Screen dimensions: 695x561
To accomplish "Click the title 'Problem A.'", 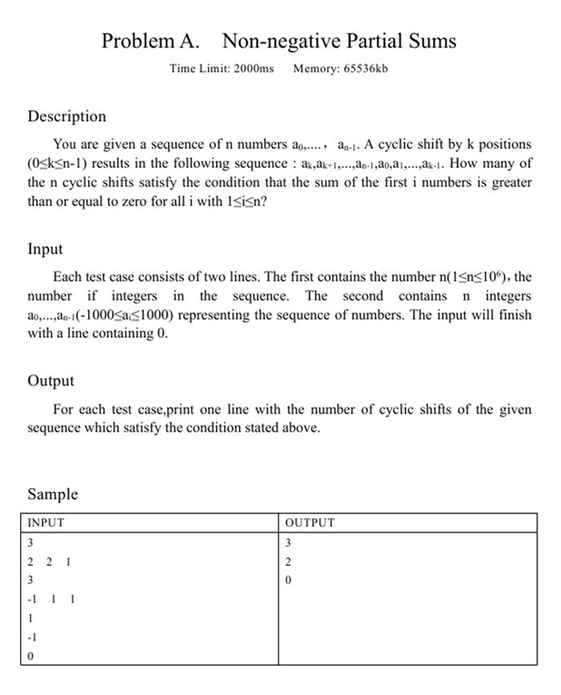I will click(153, 41).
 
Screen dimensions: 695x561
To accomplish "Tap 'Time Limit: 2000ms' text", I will click(221, 69).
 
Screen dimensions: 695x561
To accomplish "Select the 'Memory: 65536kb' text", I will click(340, 69).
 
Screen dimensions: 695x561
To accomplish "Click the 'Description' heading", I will click(66, 116).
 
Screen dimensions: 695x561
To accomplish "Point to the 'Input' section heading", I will click(45, 249).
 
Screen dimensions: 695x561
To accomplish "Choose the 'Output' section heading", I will click(51, 381).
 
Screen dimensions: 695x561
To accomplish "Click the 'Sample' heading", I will click(53, 494).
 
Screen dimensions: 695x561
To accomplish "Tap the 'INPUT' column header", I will click(45, 522).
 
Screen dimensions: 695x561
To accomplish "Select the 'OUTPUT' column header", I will click(310, 522).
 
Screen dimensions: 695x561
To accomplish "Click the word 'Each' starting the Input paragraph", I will click(68, 276).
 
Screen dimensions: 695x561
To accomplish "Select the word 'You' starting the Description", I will click(65, 144).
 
